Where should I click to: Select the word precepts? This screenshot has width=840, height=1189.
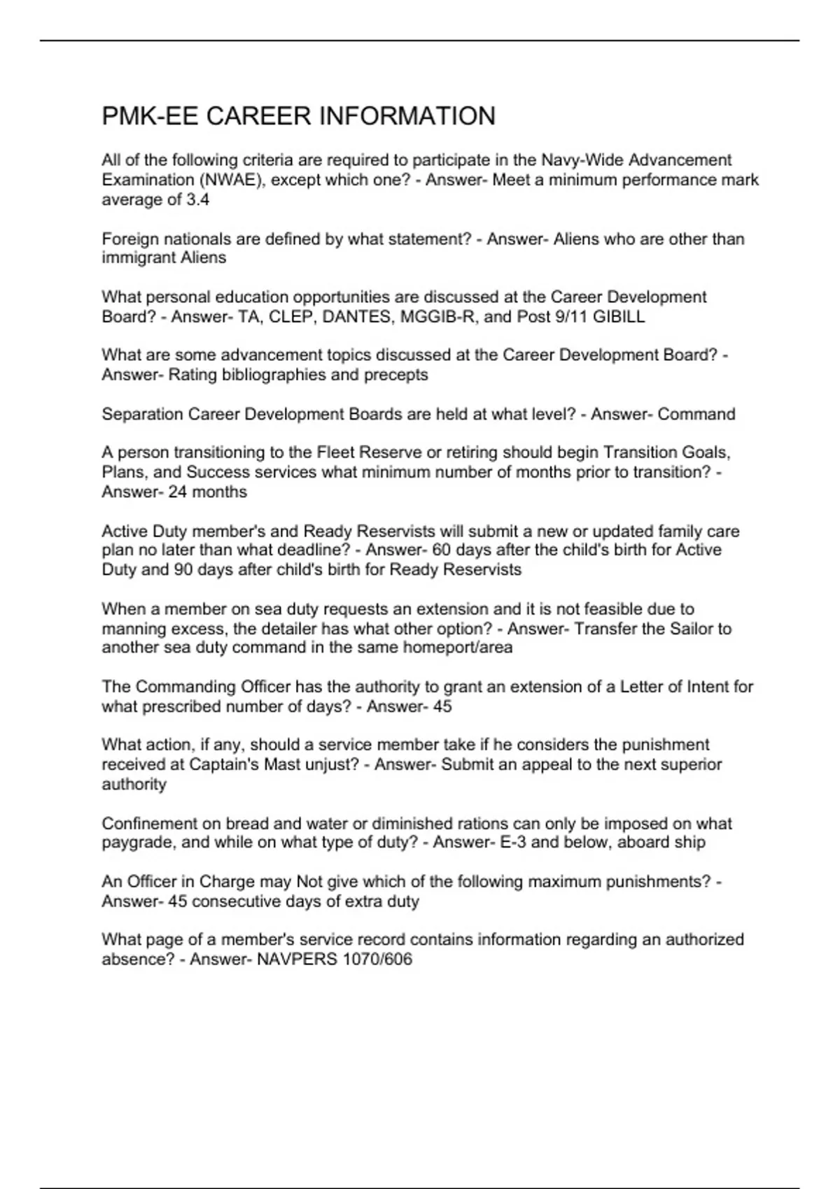pos(395,375)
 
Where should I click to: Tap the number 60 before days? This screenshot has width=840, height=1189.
pos(442,550)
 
